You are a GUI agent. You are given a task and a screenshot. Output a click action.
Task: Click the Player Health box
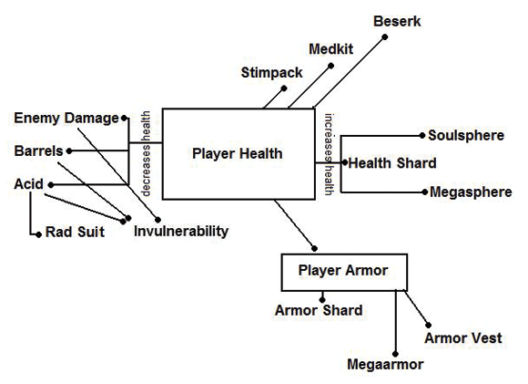coord(238,154)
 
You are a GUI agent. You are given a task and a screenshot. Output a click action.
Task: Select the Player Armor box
coord(342,271)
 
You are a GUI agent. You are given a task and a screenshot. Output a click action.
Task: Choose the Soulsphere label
coord(466,135)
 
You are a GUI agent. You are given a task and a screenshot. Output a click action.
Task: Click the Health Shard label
coord(392,163)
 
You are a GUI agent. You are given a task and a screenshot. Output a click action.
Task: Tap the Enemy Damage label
coord(66,118)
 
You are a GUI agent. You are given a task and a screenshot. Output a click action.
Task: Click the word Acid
coord(28,183)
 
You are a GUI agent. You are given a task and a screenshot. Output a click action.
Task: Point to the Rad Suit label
coord(74,233)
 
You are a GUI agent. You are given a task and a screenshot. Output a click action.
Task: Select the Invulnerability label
coord(181,231)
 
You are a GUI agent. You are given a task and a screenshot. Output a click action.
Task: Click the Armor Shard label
coord(319,310)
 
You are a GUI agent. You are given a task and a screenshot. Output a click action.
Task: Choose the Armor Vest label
coord(462,338)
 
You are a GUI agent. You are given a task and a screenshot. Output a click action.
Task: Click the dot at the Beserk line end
coord(385,37)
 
